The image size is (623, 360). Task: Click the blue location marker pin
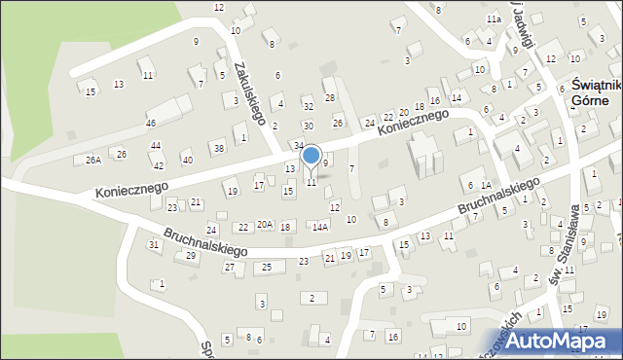[311, 158]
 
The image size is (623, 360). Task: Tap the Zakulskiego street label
[249, 93]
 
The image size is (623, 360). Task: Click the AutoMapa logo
[562, 340]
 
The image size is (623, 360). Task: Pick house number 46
[151, 124]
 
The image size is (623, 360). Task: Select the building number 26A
[92, 160]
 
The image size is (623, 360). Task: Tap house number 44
[156, 145]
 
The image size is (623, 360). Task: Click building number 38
[218, 148]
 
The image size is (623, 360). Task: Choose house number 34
[299, 145]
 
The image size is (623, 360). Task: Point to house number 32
[308, 106]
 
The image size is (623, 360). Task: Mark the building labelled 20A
[265, 224]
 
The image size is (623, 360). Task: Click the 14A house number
[319, 226]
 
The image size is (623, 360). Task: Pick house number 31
[153, 244]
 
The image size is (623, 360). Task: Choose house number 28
[330, 97]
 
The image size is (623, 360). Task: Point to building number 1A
[541, 200]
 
